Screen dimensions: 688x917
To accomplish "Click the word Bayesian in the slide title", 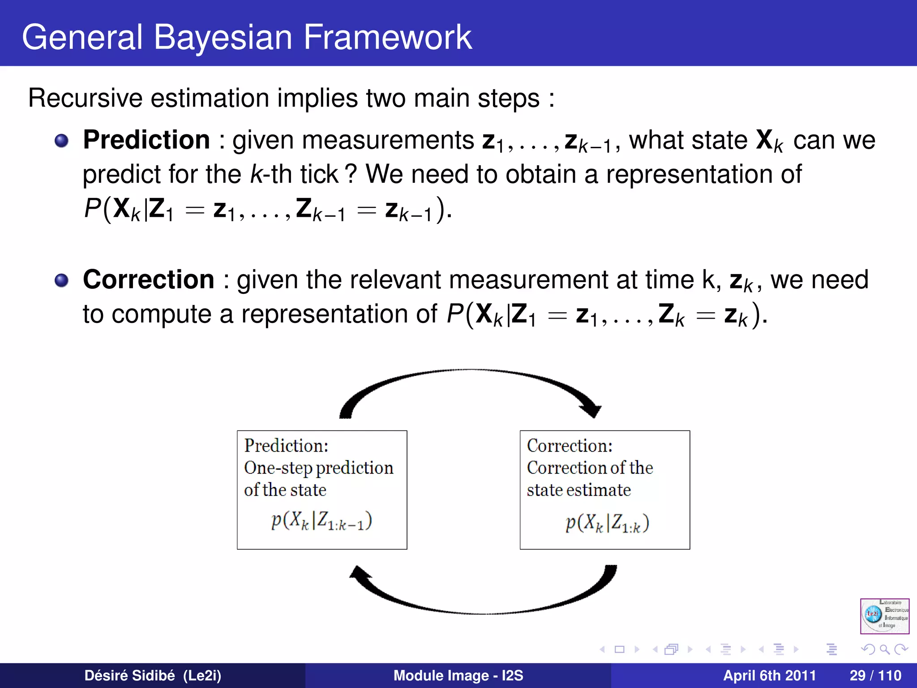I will (223, 38).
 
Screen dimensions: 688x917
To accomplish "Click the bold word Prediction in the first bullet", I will (146, 140).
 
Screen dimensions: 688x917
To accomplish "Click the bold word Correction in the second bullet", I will (149, 279).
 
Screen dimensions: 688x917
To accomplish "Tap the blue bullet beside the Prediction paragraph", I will (61, 141).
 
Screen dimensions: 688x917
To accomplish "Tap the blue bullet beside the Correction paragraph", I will (61, 281).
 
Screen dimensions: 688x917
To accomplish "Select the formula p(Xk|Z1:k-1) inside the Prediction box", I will (321, 521).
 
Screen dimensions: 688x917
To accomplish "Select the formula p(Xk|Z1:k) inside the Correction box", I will (607, 523).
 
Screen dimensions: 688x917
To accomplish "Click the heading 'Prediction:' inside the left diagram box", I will (286, 446).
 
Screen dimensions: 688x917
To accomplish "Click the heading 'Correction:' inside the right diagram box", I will (570, 446).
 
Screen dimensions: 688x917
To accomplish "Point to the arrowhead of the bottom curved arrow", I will (360, 574).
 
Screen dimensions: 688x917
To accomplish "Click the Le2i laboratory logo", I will (884, 616).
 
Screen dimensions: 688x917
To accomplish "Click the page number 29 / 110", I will (875, 675).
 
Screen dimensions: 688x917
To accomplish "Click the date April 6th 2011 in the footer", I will (769, 675).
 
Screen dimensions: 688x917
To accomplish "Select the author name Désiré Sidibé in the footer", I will (129, 675).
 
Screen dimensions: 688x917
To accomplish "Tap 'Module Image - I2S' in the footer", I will (458, 675).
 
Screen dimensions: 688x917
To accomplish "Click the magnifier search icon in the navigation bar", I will (884, 649).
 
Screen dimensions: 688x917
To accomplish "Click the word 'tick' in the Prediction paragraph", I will (319, 174).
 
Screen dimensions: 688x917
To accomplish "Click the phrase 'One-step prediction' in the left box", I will (318, 468).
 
